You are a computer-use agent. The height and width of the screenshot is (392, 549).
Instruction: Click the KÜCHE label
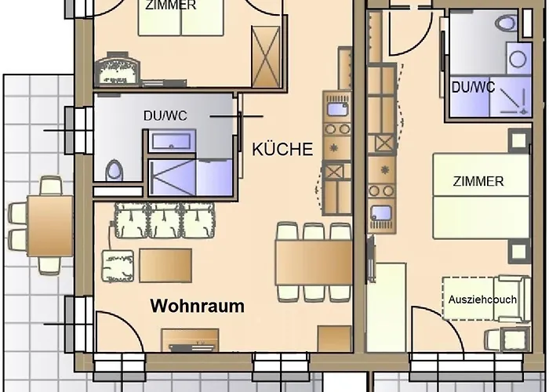click(x=282, y=149)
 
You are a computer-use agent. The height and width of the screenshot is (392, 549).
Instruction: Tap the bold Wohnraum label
click(x=198, y=306)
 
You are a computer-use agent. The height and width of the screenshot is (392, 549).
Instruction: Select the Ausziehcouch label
click(x=482, y=299)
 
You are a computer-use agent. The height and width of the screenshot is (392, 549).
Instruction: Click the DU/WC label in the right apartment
click(x=474, y=87)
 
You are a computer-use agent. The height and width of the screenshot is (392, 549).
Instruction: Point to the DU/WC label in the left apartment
click(x=165, y=116)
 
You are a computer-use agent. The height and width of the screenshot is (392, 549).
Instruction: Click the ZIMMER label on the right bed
click(x=478, y=181)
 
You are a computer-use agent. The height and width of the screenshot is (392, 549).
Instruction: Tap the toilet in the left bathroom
click(x=115, y=170)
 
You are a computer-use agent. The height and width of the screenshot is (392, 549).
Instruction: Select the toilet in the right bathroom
click(x=507, y=24)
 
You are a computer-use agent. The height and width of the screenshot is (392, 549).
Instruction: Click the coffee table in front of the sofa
click(x=165, y=265)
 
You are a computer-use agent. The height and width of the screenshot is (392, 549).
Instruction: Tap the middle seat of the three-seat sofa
click(x=165, y=220)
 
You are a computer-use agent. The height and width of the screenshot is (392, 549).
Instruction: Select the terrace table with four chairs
click(x=50, y=226)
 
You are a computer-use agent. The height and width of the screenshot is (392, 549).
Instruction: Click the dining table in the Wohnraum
click(x=314, y=262)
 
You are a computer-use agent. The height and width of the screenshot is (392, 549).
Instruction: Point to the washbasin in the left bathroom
click(x=172, y=141)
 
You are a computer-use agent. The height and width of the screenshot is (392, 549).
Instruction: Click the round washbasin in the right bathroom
click(x=518, y=59)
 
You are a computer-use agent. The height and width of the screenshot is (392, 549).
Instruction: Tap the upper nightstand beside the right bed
click(x=519, y=140)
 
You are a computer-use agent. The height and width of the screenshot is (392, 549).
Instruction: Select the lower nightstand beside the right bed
click(x=519, y=252)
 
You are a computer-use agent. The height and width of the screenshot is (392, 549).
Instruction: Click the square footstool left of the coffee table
click(x=118, y=266)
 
